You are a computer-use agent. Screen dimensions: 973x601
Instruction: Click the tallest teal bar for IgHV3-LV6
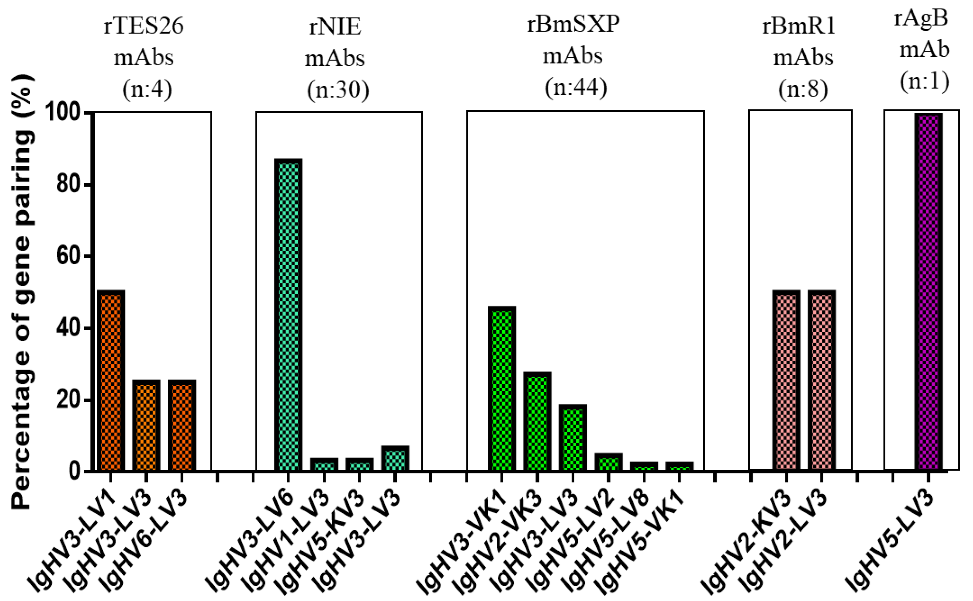(x=288, y=314)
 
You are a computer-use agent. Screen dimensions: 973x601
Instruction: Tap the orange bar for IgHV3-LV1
(x=111, y=380)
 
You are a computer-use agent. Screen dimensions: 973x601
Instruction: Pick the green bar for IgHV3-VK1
(x=502, y=388)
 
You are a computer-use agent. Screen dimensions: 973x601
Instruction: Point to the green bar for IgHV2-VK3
(x=537, y=421)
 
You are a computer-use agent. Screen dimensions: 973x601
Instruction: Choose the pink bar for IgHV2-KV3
(x=786, y=380)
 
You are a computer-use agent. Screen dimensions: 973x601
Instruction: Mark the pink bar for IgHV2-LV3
(x=822, y=380)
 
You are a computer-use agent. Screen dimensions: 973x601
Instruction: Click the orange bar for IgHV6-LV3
(x=182, y=425)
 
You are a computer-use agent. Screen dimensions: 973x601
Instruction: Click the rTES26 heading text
(x=144, y=26)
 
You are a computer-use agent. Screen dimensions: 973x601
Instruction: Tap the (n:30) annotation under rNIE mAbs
(x=338, y=89)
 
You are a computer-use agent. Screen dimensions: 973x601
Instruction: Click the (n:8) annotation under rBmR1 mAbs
(x=803, y=89)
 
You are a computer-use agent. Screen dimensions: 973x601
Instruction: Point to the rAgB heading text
(x=921, y=18)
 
